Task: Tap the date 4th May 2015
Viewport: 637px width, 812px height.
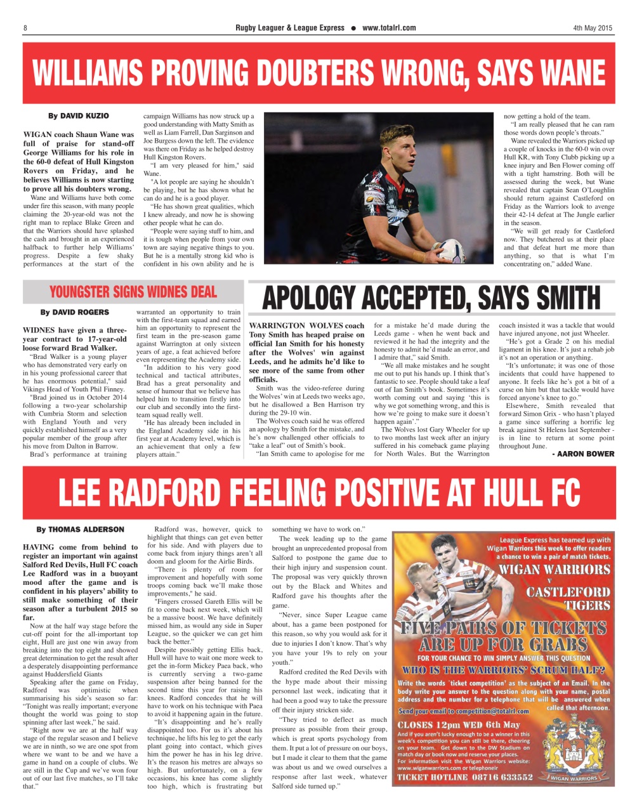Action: [593, 28]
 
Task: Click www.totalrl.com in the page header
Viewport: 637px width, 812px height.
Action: [389, 28]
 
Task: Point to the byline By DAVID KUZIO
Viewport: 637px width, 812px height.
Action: [79, 116]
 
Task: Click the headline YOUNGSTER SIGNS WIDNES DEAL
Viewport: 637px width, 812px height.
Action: [133, 292]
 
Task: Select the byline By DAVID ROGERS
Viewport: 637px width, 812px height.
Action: [74, 313]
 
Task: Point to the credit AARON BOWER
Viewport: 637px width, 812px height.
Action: [586, 454]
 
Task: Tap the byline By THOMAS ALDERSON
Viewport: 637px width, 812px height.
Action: [80, 529]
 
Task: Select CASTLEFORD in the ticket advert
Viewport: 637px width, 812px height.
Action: [568, 593]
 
